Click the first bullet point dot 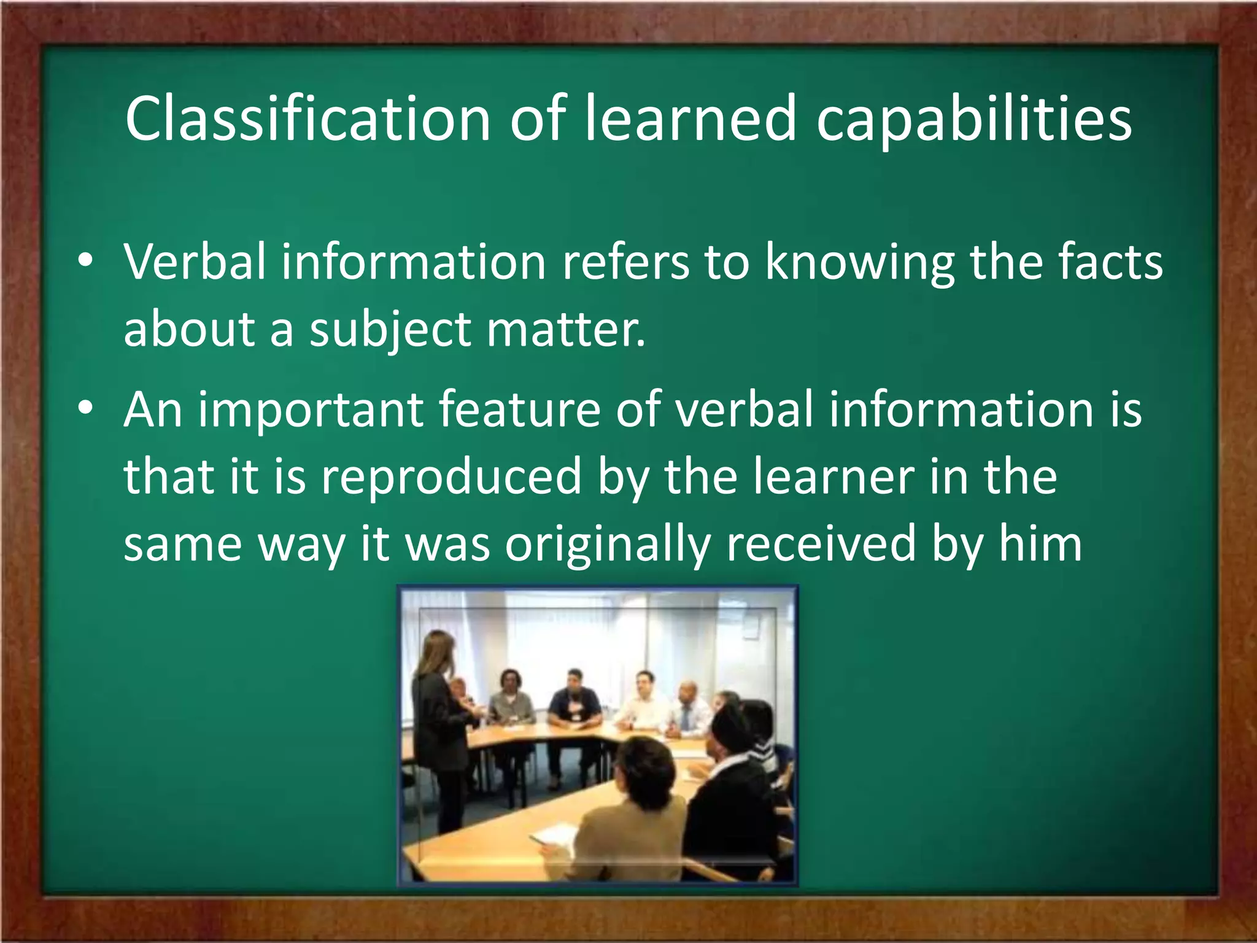click(x=86, y=262)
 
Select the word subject click(x=390, y=330)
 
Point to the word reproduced click(x=451, y=478)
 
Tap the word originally click(x=608, y=545)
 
